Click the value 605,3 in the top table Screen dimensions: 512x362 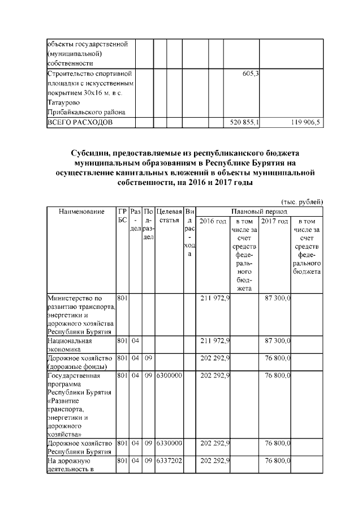pyautogui.click(x=249, y=74)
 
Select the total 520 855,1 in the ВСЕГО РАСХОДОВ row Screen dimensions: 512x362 pyautogui.click(x=242, y=123)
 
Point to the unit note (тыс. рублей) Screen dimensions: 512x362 pyautogui.click(x=302, y=201)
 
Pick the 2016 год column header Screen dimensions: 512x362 pyautogui.click(x=213, y=221)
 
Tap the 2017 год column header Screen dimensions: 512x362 pyautogui.click(x=274, y=221)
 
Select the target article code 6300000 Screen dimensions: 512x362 pyautogui.click(x=169, y=375)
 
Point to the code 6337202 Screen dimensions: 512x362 pyautogui.click(x=169, y=462)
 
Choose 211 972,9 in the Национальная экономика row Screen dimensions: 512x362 pyautogui.click(x=215, y=341)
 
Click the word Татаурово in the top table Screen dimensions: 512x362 pyautogui.click(x=64, y=102)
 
